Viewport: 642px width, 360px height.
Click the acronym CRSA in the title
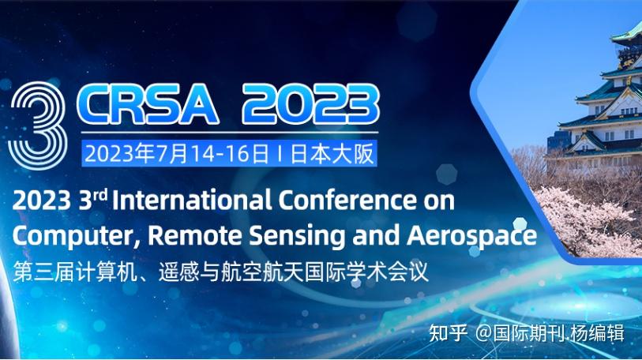pos(148,104)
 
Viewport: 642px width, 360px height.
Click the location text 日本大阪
pos(332,154)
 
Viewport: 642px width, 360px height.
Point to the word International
pos(192,201)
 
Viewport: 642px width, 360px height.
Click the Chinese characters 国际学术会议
pos(366,272)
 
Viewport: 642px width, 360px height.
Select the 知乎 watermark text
pos(449,332)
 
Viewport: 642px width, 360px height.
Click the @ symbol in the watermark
pos(483,333)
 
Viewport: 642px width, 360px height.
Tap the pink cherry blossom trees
pos(590,221)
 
